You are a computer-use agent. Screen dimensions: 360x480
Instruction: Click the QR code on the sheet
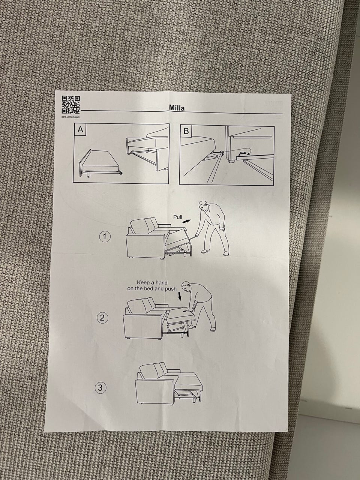click(x=70, y=105)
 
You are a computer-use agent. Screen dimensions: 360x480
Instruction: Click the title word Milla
click(x=177, y=108)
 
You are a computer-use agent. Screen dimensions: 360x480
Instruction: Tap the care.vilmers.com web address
click(x=70, y=117)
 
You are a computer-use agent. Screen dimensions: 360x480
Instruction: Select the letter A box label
click(x=80, y=129)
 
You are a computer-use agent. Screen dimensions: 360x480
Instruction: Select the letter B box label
click(x=186, y=131)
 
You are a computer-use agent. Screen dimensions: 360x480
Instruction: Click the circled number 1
click(x=105, y=237)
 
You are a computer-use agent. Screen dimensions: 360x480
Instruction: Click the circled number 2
click(x=102, y=318)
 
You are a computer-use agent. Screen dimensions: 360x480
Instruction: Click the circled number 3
click(x=100, y=388)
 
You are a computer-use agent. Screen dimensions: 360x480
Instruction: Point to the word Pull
click(x=177, y=217)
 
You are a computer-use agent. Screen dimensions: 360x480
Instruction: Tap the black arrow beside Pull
click(x=186, y=221)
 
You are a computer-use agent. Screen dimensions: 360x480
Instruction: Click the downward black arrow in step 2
click(x=180, y=297)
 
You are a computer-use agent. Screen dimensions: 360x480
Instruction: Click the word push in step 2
click(x=171, y=289)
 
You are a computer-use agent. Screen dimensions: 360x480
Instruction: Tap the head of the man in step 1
click(x=203, y=206)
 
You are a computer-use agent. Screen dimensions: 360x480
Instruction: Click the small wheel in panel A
click(x=121, y=173)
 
